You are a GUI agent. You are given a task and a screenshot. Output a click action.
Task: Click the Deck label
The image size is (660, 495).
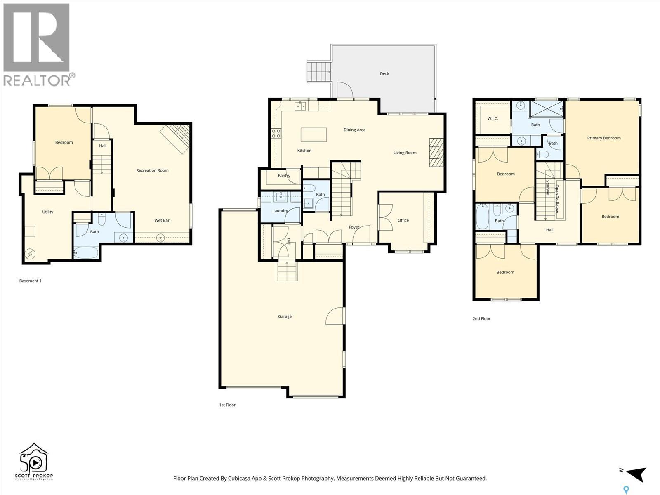[x=384, y=74]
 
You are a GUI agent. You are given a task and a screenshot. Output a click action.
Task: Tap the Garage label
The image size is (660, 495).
[x=285, y=316]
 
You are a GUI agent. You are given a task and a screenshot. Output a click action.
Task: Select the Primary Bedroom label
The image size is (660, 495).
[x=603, y=138]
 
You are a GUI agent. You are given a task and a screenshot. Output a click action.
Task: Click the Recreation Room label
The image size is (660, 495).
[x=152, y=170]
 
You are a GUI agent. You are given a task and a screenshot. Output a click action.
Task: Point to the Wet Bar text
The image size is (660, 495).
[x=162, y=220]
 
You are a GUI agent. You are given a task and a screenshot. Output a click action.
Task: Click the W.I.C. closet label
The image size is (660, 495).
[x=493, y=119]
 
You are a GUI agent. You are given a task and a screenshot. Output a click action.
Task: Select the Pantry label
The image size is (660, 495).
[x=284, y=176]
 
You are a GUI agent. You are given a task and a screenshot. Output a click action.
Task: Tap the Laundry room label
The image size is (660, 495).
[x=280, y=211]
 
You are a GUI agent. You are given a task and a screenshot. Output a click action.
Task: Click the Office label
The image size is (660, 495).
[x=403, y=220]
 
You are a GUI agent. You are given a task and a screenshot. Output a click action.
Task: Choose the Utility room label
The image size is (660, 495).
[x=48, y=212]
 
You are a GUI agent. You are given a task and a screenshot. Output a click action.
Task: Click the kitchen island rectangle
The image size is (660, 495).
[x=313, y=135]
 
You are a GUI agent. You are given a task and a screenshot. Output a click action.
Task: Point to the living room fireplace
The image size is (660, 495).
[x=435, y=152]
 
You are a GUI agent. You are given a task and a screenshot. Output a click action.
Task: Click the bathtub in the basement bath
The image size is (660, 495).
[x=86, y=252]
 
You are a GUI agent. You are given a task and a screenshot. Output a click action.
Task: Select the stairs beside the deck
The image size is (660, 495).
[x=319, y=72]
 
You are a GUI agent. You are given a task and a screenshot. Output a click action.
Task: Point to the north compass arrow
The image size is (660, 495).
[x=635, y=474]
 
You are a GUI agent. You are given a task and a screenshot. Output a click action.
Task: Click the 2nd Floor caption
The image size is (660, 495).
[x=481, y=319]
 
